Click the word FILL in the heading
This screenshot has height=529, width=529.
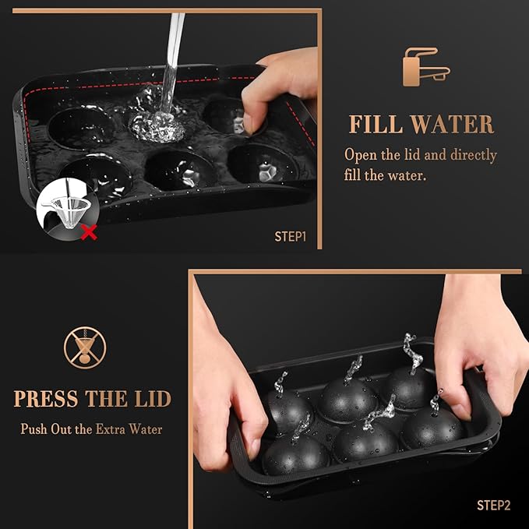point(375,124)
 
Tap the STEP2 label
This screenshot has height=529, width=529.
point(493,506)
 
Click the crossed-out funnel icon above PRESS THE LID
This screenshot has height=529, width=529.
point(84,347)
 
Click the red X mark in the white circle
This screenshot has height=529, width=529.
point(89,231)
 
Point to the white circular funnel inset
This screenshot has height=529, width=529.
point(66,209)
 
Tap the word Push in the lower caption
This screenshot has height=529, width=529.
point(33,428)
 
